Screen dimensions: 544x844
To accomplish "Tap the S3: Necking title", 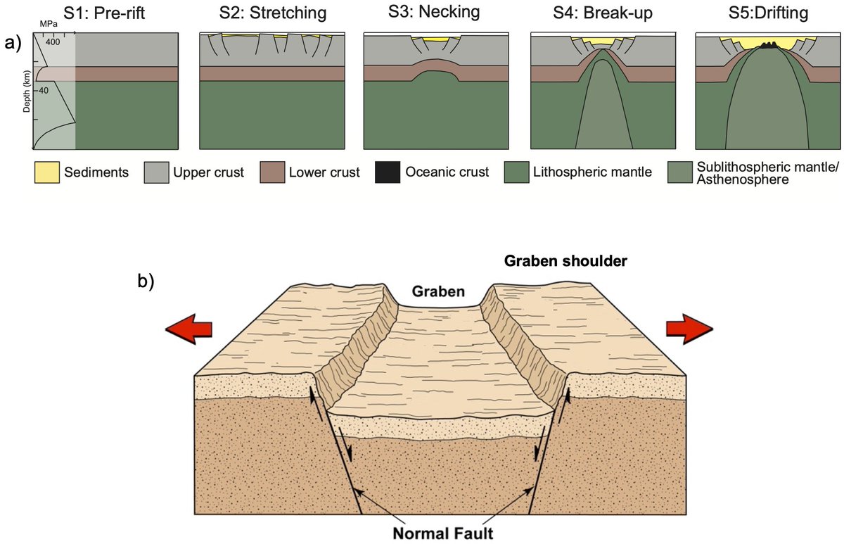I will [x=435, y=14].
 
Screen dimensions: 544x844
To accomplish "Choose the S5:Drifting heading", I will [x=767, y=14].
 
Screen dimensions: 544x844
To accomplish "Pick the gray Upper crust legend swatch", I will [x=158, y=172].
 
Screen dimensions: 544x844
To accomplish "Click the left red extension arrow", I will [x=188, y=329].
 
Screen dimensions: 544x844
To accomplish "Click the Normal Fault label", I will [x=442, y=532].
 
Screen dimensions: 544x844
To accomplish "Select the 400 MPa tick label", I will [x=52, y=42].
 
